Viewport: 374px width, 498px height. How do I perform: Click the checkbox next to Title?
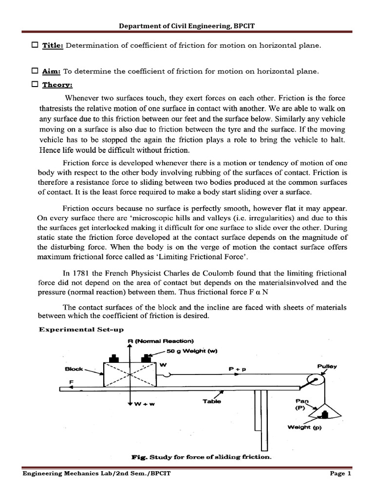point(35,45)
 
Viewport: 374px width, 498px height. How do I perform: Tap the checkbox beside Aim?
point(35,71)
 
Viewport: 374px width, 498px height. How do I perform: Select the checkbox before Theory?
point(35,84)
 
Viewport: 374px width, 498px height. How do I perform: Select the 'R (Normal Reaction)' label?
point(160,340)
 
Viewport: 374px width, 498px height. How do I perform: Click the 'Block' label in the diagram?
point(74,369)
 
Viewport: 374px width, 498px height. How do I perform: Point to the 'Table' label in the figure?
point(212,401)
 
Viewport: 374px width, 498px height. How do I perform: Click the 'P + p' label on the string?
point(237,369)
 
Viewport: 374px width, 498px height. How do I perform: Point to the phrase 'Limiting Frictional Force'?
point(209,257)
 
